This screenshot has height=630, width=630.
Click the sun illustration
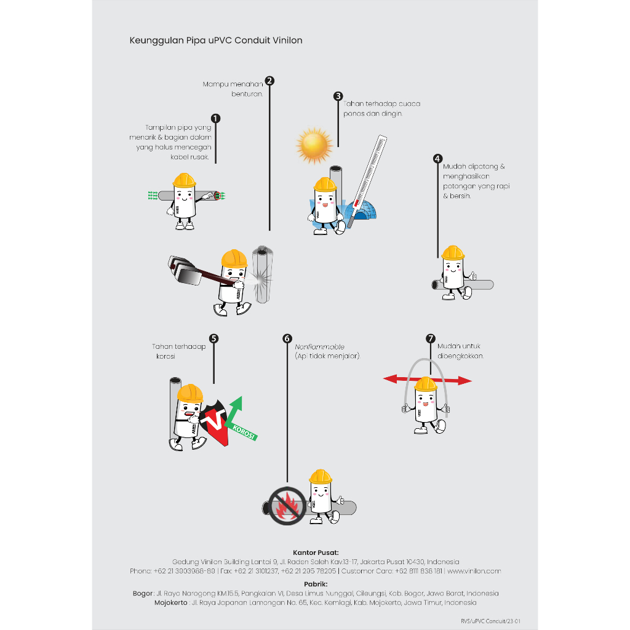pos(314,145)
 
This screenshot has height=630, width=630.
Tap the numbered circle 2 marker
pos(269,81)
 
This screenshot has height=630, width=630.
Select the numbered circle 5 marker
pos(213,338)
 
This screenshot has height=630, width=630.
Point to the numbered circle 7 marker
pos(431,338)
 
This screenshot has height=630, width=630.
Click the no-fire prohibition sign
pos(287,506)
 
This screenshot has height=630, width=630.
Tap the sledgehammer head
pos(184,270)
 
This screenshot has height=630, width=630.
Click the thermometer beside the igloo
pos(367,181)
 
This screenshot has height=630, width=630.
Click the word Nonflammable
pos(319,347)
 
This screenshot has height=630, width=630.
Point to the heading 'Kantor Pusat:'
pos(316,552)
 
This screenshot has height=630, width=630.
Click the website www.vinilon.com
pos(474,571)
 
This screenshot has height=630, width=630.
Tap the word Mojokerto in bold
pos(171,603)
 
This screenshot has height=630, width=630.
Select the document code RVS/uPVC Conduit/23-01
pos(490,621)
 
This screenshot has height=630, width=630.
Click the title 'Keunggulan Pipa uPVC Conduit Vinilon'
pos(216,41)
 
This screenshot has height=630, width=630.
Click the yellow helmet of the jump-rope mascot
pos(426,384)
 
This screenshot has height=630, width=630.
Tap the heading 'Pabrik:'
pos(316,584)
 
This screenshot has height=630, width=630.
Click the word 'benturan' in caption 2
pos(247,94)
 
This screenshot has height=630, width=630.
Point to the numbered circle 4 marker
pos(438,159)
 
